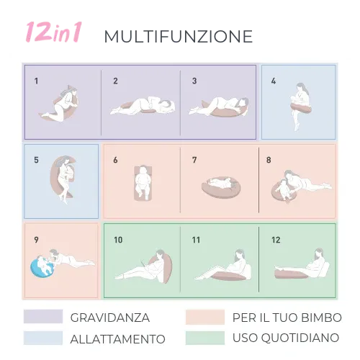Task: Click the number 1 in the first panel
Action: pos(36,81)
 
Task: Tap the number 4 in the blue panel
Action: pos(274,81)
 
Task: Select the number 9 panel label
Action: pos(36,239)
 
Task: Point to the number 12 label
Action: pos(276,239)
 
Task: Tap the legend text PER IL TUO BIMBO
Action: pos(287,318)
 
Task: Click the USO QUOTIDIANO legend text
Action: pos(286,338)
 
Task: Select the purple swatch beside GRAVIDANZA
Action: pos(42,317)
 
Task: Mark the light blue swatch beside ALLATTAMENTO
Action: pos(42,338)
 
